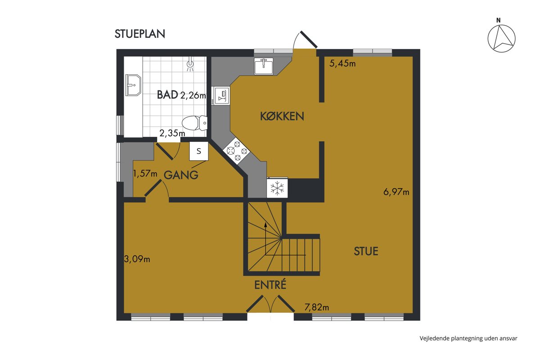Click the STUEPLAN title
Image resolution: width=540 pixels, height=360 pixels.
pos(140,34)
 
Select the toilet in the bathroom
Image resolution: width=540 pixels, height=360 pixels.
pos(194,123)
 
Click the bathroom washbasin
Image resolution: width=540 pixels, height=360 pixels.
pos(133,85)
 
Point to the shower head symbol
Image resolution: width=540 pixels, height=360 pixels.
pos(190,64)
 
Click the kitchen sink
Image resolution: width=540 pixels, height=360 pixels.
pos(264,66)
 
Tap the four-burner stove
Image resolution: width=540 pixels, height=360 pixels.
pos(237,151)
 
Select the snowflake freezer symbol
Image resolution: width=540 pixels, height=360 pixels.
pos(277,188)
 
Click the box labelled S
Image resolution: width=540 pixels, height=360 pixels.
pos(198,151)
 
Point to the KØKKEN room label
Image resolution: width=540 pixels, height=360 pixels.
pos(282,116)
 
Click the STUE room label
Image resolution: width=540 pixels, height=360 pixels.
pos(366,251)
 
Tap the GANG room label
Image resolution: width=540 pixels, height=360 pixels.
pos(181,175)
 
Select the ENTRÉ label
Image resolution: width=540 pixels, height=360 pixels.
pos(270,285)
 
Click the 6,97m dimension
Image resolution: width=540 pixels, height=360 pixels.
pos(396,192)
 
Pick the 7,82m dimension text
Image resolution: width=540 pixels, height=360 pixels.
pos(316,307)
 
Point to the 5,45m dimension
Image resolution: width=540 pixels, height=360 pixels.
pos(342,63)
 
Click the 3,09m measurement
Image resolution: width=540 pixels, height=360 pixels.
pos(137,259)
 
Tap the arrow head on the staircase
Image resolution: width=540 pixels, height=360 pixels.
pos(265,225)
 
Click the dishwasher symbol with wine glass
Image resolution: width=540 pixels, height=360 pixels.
pos(221,96)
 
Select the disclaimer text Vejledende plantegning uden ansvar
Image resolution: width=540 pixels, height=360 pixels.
pos(468,338)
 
